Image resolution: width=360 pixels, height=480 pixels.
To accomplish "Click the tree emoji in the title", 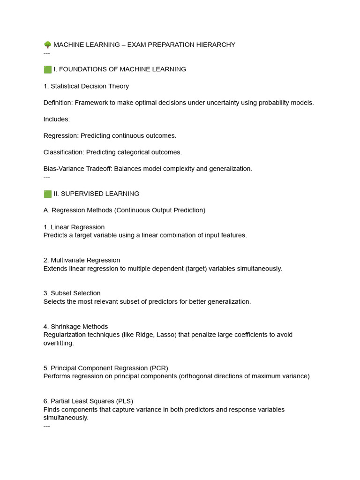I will [47, 45].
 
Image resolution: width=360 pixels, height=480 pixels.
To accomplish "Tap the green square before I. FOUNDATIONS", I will [47, 69].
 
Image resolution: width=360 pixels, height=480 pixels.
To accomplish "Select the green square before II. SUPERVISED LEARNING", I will [47, 194].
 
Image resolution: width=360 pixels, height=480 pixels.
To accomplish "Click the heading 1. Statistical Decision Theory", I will [86, 86].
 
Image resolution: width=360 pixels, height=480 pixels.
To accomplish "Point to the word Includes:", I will [57, 119].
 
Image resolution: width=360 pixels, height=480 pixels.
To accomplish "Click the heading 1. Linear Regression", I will [74, 227].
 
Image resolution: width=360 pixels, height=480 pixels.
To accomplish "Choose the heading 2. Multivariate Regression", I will [82, 260].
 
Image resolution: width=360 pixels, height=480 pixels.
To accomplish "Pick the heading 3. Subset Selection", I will [72, 293].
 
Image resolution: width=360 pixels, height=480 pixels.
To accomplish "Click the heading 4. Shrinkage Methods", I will [75, 327].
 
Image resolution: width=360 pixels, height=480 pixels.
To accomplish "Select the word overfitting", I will [58, 343].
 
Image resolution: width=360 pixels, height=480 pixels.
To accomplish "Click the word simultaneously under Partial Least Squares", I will [66, 418].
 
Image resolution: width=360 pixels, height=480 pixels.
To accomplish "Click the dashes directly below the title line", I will [46, 53].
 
